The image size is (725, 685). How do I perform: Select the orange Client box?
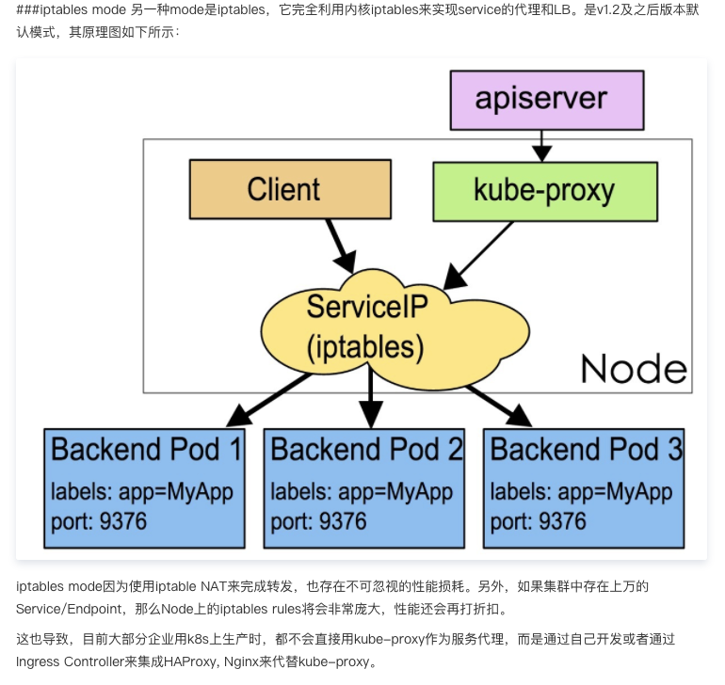290,189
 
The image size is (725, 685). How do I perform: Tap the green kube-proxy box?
543,190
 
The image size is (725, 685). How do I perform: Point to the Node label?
633,368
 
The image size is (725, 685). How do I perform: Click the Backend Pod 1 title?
146,449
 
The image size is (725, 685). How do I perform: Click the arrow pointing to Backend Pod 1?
268,398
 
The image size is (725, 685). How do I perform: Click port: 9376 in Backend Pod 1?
99,520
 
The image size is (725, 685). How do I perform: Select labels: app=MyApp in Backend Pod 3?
581,492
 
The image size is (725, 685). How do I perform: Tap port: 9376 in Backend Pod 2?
318,520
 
